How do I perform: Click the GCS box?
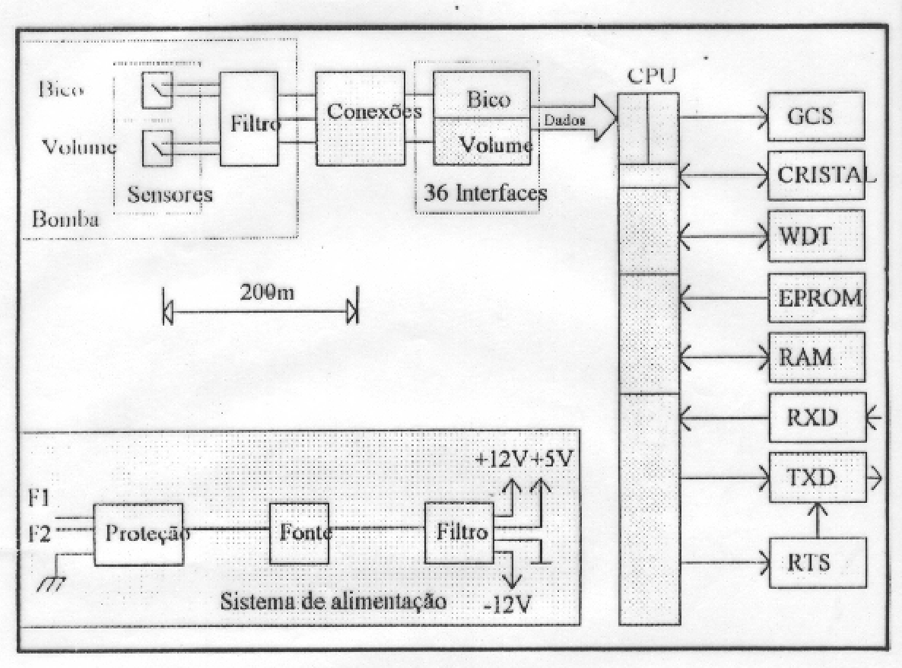point(816,116)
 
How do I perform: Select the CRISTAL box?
point(816,176)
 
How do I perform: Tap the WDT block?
point(816,236)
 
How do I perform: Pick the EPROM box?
point(816,298)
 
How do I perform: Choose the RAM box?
point(816,357)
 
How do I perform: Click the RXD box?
point(818,418)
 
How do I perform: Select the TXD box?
point(818,478)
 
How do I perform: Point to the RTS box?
point(818,562)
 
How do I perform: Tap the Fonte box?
point(300,533)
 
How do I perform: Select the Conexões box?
point(360,119)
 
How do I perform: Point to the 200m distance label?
point(267,292)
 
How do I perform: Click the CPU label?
point(651,75)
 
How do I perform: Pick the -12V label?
point(507,604)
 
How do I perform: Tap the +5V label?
point(551,459)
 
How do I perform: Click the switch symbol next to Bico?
point(157,90)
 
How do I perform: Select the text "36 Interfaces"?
point(485,192)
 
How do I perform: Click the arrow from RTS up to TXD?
point(818,520)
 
